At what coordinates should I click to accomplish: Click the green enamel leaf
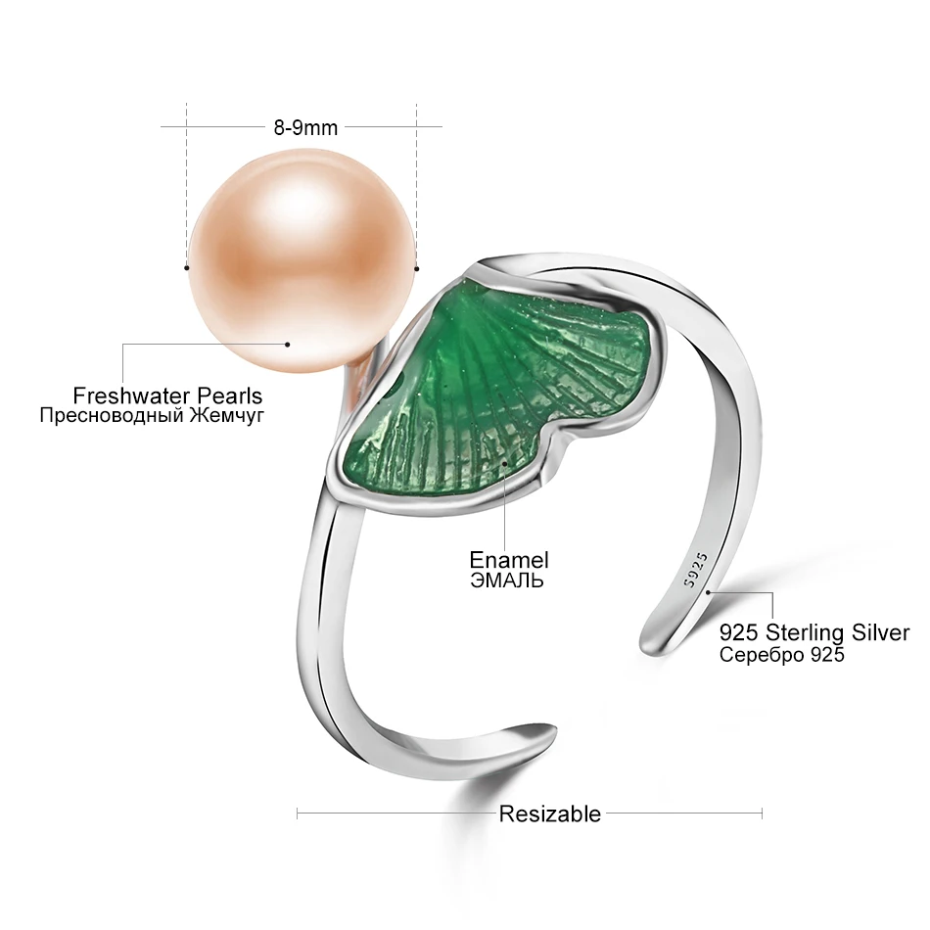(x=499, y=392)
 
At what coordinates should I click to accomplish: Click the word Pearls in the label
(x=228, y=395)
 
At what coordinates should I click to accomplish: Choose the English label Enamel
(x=508, y=560)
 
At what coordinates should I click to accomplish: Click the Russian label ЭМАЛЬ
(x=507, y=581)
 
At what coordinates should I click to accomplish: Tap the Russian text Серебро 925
(x=781, y=655)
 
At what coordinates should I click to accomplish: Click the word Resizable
(x=550, y=813)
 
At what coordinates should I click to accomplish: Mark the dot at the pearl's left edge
(x=186, y=265)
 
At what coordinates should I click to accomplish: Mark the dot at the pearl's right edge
(x=416, y=266)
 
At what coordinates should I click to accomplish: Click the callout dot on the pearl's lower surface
(x=288, y=344)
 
